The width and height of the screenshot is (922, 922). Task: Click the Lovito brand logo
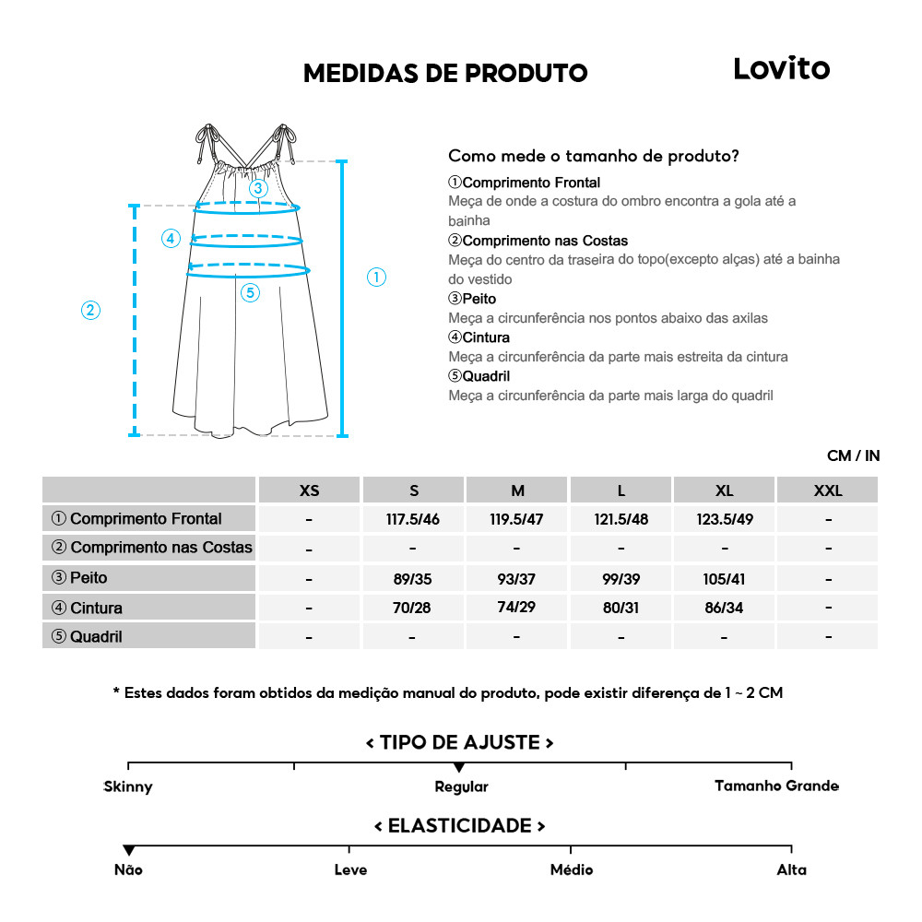point(781,68)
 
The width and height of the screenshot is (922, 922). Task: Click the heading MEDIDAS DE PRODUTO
point(445,74)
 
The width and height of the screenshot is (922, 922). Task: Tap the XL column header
point(725,491)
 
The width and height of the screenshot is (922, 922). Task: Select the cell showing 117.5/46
point(413,519)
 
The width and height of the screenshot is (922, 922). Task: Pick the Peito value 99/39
point(621,578)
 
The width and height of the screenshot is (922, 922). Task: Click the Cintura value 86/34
point(725,608)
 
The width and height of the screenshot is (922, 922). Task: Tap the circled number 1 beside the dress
point(376,277)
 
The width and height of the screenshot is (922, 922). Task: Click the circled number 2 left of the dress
point(90,310)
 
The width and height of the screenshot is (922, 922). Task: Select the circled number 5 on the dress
point(250,293)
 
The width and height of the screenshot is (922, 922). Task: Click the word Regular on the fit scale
point(461,786)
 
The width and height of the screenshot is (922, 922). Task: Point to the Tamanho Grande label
point(776,786)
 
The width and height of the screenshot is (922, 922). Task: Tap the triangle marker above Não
point(128,850)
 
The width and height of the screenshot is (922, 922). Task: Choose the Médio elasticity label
point(572,869)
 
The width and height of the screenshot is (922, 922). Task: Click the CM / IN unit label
point(853,455)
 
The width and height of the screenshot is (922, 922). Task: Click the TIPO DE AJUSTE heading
point(459,742)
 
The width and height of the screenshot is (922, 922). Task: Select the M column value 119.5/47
point(516,519)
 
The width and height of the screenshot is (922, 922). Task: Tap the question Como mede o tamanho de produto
point(593,156)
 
